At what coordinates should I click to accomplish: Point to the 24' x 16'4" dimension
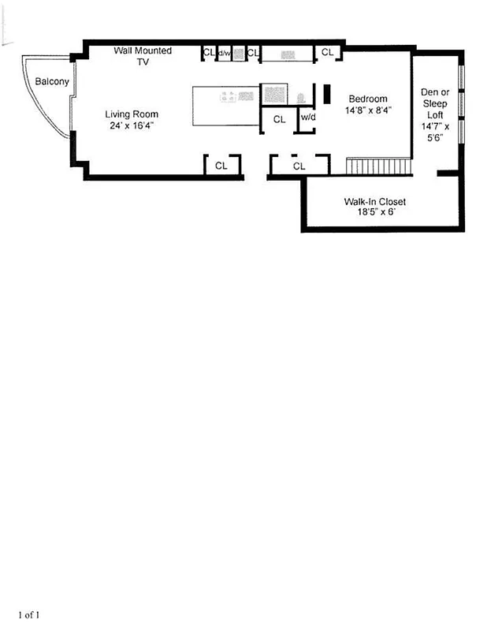(x=132, y=125)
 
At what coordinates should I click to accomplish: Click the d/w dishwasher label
(x=225, y=53)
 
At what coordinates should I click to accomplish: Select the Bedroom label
(x=368, y=99)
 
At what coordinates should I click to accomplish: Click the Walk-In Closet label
(x=374, y=202)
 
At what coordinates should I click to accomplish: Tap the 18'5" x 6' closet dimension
(x=374, y=213)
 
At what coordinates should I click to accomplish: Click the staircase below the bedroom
(x=379, y=166)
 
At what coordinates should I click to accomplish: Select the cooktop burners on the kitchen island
(x=229, y=96)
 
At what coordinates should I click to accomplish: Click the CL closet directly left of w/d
(x=279, y=119)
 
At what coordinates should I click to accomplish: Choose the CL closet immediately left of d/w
(x=209, y=53)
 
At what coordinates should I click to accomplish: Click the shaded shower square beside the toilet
(x=273, y=95)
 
